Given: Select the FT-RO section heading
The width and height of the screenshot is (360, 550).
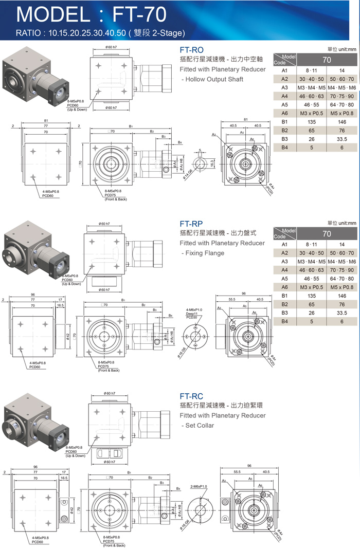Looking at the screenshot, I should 192,50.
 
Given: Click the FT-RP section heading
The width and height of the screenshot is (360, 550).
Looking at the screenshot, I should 192,224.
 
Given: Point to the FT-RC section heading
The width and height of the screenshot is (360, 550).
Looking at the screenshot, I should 192,396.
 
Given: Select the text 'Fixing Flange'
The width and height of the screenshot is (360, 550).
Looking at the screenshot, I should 204,253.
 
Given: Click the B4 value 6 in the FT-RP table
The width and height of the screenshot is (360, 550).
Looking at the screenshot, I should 341,321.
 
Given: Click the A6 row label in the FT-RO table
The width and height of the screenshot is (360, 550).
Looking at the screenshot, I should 284,113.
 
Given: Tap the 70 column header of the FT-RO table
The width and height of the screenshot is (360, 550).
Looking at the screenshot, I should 326,60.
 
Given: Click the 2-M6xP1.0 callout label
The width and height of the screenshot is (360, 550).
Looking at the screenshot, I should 199,486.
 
